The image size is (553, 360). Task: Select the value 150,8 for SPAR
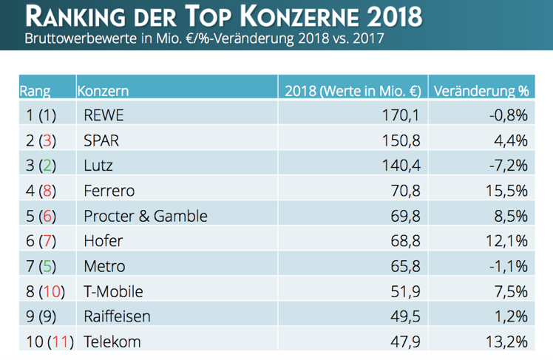404,140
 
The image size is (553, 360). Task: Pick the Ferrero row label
110,191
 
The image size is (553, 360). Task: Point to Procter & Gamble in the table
146,216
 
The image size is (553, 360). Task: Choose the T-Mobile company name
114,291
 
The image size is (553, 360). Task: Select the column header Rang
35,91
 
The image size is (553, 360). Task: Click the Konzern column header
104,91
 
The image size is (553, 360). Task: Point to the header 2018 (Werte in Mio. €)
353,91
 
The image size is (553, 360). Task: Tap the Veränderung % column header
481,91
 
